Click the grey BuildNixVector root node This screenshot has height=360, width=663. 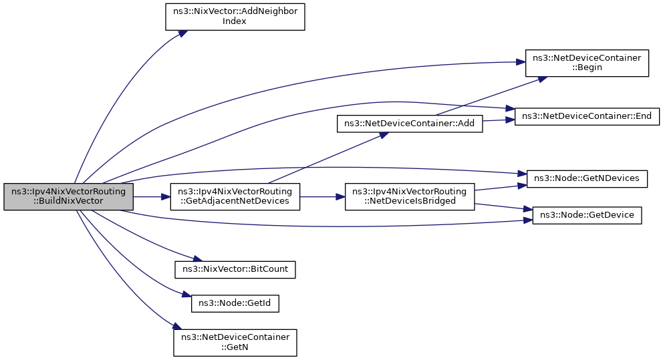click(68, 196)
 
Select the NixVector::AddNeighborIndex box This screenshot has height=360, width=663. click(235, 17)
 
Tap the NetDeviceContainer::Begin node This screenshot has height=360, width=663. click(587, 63)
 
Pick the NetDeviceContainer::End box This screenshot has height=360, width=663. click(587, 116)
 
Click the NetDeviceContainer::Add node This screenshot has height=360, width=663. click(410, 124)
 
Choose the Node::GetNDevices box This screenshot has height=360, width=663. click(587, 179)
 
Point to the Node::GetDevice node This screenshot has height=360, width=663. click(587, 215)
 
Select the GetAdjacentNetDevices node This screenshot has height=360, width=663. click(235, 196)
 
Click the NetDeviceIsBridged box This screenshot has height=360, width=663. click(410, 196)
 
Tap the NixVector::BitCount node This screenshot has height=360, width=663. click(235, 269)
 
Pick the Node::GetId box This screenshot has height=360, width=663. click(235, 304)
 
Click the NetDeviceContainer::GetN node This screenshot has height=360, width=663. click(235, 343)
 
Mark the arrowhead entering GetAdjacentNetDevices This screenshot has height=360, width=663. click(166, 196)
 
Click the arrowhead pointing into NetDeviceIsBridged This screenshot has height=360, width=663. click(340, 196)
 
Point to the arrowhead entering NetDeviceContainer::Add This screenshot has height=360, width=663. click(384, 135)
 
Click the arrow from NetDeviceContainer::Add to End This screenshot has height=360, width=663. click(499, 120)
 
